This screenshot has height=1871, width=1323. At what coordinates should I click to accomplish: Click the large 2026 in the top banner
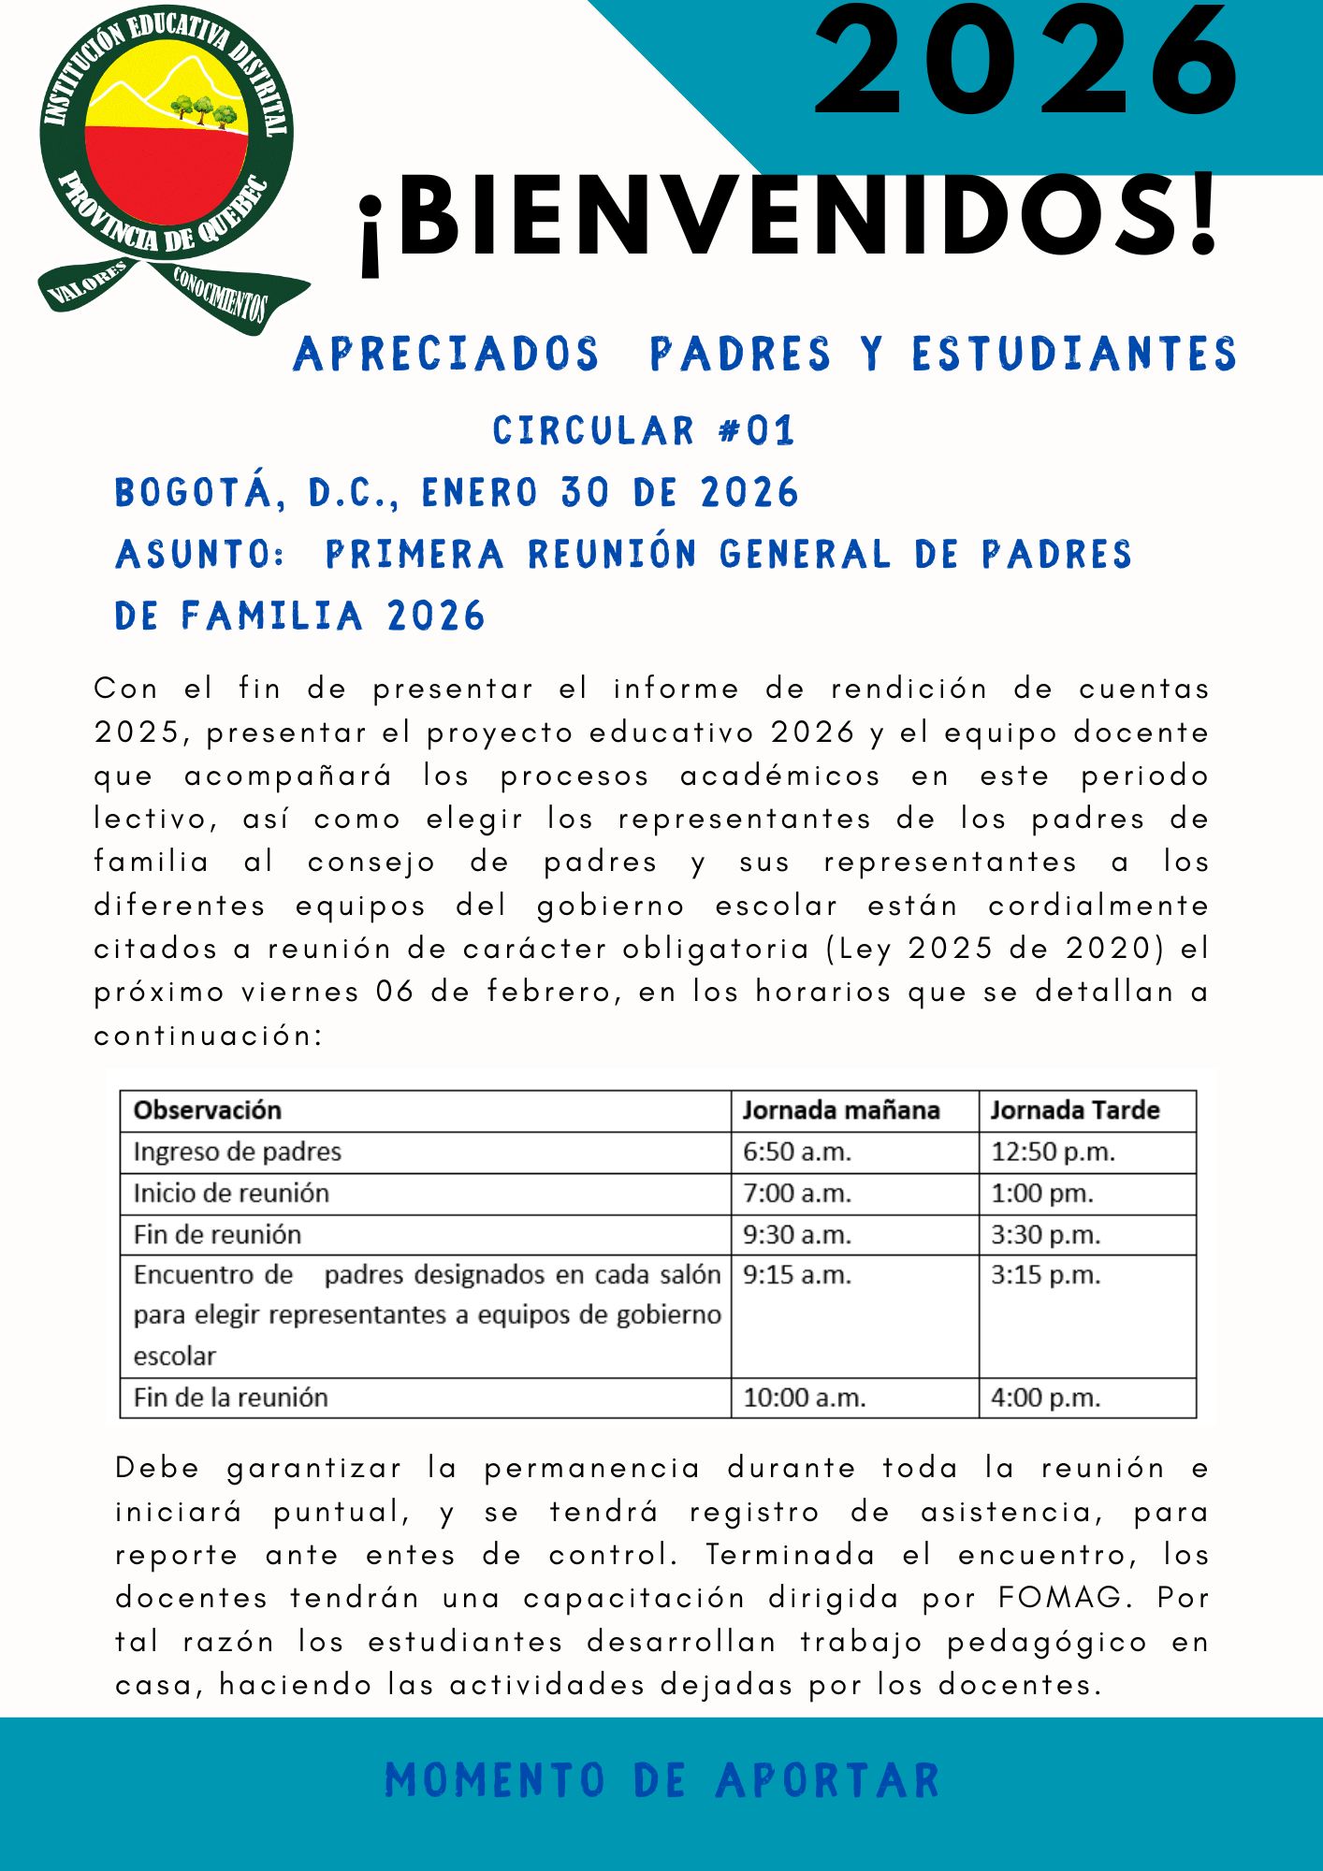pyautogui.click(x=1026, y=63)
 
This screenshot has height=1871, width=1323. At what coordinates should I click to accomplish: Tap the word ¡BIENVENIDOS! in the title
pyautogui.click(x=788, y=217)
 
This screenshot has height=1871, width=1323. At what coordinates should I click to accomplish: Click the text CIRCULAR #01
pyautogui.click(x=644, y=431)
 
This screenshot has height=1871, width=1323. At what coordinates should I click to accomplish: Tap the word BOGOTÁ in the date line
pyautogui.click(x=194, y=493)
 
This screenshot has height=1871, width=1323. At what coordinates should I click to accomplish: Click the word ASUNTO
pyautogui.click(x=199, y=555)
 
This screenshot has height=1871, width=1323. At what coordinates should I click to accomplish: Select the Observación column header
pyautogui.click(x=207, y=1110)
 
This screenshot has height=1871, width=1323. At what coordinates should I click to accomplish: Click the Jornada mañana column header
pyautogui.click(x=840, y=1110)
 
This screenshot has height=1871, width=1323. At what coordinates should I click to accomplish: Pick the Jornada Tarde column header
pyautogui.click(x=1074, y=1110)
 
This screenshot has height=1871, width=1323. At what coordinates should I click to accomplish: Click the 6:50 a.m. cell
pyautogui.click(x=796, y=1152)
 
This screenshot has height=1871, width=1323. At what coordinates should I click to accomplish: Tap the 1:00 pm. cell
pyautogui.click(x=1041, y=1194)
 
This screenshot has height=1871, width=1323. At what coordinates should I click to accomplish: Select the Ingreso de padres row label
pyautogui.click(x=237, y=1152)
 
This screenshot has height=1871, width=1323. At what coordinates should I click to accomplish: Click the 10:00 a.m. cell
pyautogui.click(x=804, y=1398)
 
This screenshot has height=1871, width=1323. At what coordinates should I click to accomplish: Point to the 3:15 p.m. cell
pyautogui.click(x=1045, y=1275)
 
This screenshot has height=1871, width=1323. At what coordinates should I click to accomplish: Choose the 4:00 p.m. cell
pyautogui.click(x=1045, y=1398)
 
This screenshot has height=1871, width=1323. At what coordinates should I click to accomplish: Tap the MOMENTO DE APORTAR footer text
pyautogui.click(x=661, y=1779)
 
